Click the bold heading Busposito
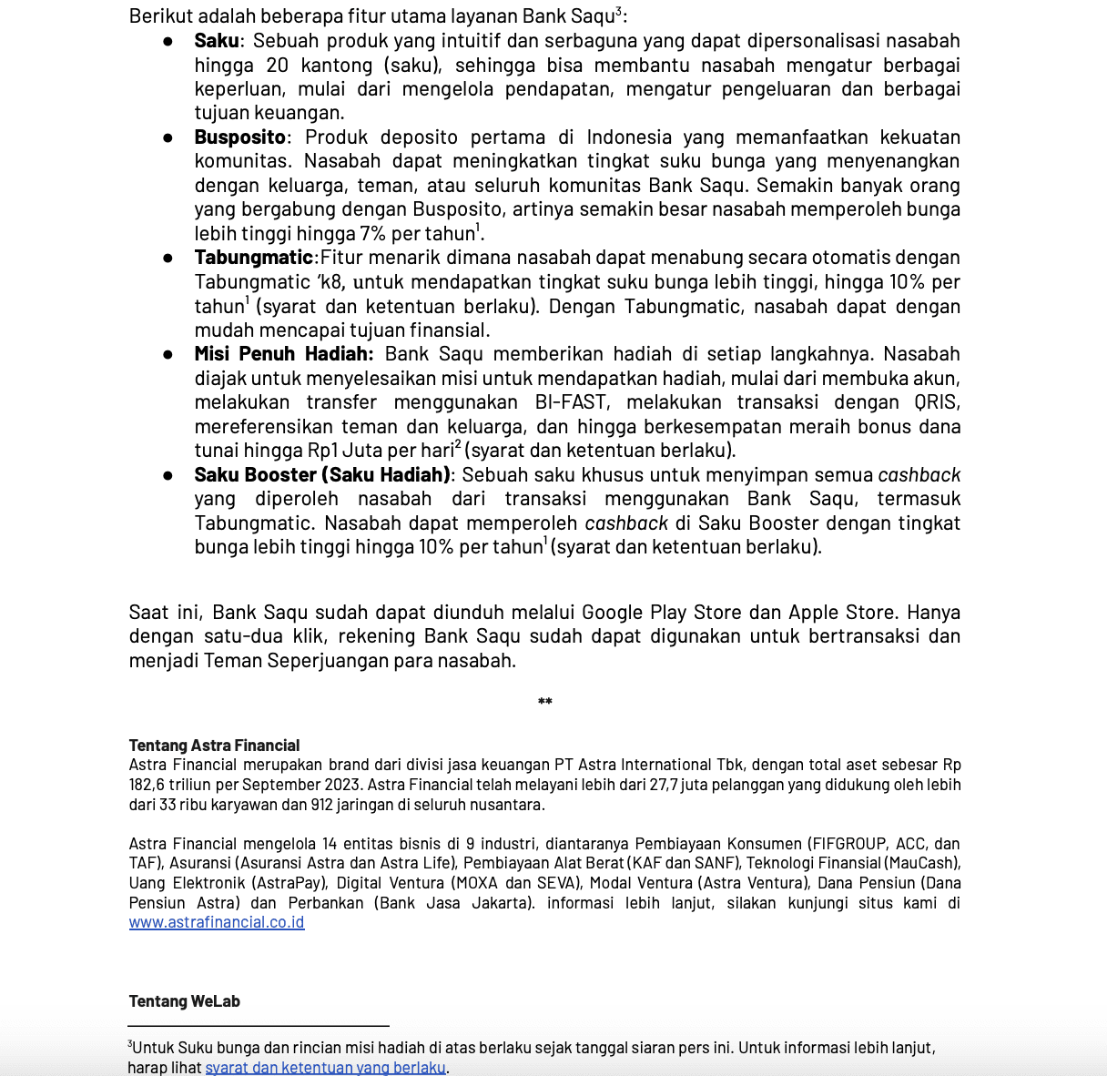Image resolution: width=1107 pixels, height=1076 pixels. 239,137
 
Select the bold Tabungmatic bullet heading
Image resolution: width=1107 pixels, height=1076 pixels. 253,258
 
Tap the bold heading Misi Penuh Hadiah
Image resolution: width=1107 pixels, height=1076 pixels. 283,354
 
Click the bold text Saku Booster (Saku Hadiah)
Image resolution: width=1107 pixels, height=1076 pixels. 322,475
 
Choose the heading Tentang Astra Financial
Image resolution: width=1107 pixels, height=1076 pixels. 214,746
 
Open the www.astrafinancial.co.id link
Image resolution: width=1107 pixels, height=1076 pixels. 217,922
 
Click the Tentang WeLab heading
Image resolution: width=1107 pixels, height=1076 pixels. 184,1001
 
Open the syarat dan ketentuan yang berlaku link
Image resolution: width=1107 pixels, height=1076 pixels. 325,1068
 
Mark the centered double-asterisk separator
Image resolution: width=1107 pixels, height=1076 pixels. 544,703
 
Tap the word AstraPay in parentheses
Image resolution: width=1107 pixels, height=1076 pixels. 286,883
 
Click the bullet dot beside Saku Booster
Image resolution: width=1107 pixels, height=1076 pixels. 168,475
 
